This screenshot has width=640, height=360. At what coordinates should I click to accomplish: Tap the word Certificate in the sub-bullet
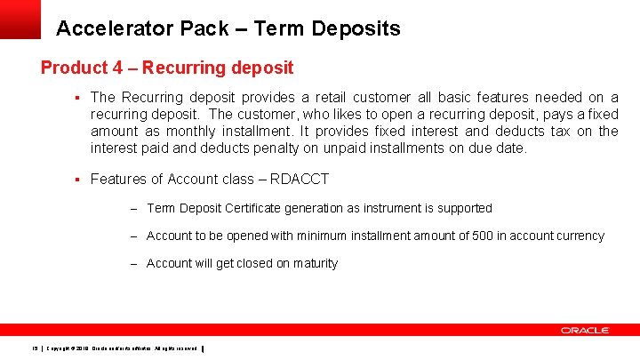pos(264,208)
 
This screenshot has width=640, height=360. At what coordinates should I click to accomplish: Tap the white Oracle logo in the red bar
pos(584,330)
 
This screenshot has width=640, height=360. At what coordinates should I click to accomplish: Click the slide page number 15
pos(33,348)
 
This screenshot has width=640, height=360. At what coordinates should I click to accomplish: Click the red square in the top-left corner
pos(20,18)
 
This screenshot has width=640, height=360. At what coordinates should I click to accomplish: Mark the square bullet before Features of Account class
pos(78,179)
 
